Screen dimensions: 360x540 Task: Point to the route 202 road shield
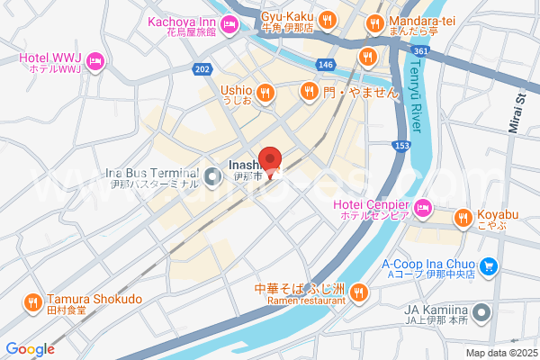[x=202, y=68]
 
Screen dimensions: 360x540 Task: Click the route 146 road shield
[x=326, y=65]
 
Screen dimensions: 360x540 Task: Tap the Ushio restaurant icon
[x=265, y=91]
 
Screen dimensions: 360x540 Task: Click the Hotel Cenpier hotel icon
[x=425, y=210]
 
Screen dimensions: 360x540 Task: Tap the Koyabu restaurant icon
[x=463, y=217]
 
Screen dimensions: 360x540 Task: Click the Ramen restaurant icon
[x=359, y=291]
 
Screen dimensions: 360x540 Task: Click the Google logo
[x=31, y=348]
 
